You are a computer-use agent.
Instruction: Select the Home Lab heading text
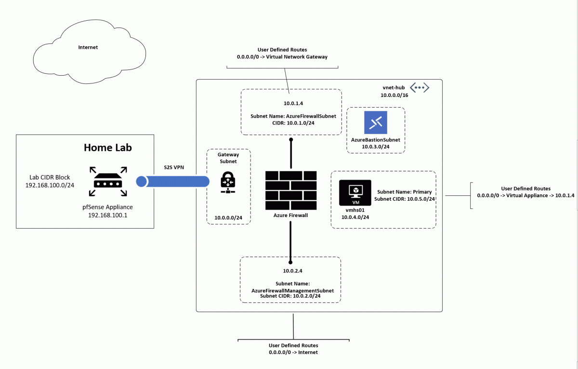click(108, 147)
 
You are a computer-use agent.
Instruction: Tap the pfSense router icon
click(108, 182)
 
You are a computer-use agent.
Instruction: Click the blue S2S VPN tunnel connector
click(173, 181)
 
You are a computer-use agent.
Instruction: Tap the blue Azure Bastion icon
click(375, 123)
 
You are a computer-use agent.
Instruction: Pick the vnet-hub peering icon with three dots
click(419, 88)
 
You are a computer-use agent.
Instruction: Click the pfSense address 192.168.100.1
click(107, 215)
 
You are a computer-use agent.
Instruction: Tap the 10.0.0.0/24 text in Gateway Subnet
click(228, 218)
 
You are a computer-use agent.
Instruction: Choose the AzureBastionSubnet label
click(375, 139)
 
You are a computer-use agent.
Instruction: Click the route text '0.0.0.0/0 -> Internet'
click(293, 353)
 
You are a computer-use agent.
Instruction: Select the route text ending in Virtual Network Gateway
click(282, 57)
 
